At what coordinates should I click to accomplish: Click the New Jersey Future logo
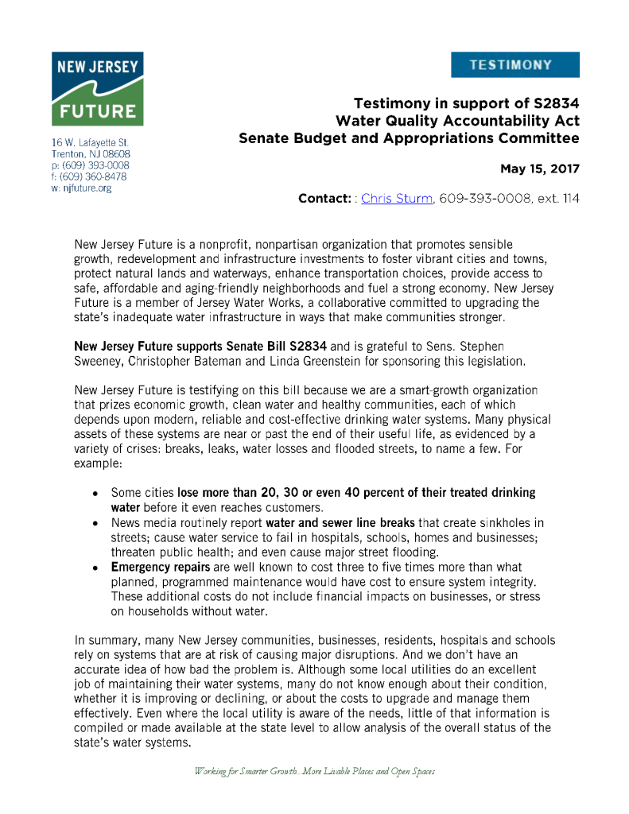pyautogui.click(x=97, y=88)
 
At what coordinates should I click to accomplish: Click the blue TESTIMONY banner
pyautogui.click(x=514, y=64)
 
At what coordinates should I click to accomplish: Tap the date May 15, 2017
pyautogui.click(x=539, y=169)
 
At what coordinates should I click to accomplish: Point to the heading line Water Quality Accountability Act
pyautogui.click(x=457, y=121)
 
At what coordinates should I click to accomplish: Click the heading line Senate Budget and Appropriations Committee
pyautogui.click(x=409, y=138)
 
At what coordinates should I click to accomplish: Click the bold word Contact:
pyautogui.click(x=324, y=198)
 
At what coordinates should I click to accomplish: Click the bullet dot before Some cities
pyautogui.click(x=95, y=494)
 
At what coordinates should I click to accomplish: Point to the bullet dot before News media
pyautogui.click(x=95, y=524)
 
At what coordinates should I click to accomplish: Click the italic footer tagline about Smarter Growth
pyautogui.click(x=314, y=771)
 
